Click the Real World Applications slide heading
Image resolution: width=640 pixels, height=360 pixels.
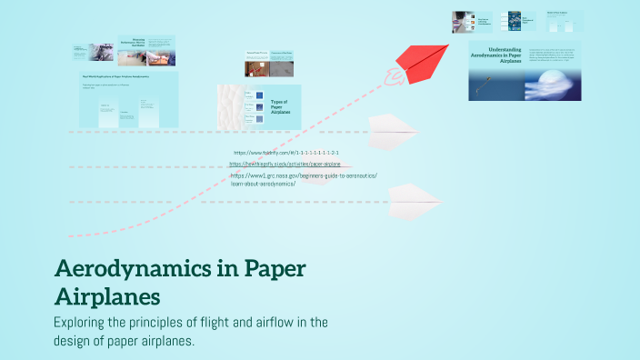click(x=115, y=77)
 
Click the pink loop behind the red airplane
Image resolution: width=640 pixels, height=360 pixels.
click(x=394, y=80)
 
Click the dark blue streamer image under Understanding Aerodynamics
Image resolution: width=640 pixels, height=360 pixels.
click(x=498, y=87)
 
